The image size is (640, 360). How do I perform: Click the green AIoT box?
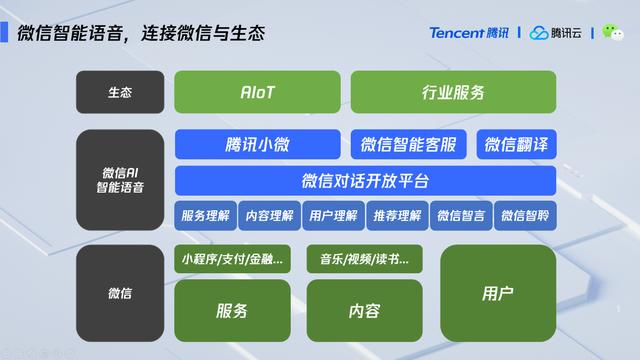(257, 92)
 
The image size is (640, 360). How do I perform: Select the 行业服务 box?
(453, 92)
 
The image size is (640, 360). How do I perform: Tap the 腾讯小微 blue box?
(257, 144)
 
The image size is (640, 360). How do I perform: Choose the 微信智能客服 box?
(409, 144)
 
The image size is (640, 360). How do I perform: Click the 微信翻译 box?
(516, 144)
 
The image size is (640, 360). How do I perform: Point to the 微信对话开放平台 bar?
(365, 181)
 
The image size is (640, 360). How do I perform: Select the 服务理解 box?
(205, 215)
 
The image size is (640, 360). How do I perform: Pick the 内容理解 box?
(269, 215)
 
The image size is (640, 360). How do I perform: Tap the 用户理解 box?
(333, 215)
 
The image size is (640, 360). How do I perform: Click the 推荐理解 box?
(397, 215)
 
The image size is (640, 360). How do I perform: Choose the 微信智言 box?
(461, 215)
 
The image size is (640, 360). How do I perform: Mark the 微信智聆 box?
(525, 215)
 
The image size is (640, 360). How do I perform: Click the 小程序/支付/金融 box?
(232, 259)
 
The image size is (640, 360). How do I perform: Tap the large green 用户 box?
(498, 293)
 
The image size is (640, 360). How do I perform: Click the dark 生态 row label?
(120, 92)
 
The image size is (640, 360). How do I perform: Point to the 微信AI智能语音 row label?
(120, 180)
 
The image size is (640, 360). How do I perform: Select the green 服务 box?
(232, 310)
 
